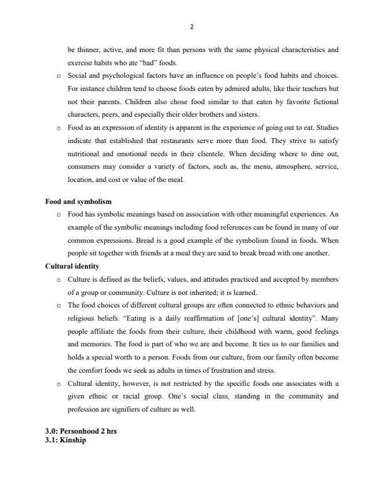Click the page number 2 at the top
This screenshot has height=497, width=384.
(192, 27)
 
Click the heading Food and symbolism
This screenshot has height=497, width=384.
(78, 202)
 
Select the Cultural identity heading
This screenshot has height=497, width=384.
(72, 266)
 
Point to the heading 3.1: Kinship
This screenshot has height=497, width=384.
(65, 440)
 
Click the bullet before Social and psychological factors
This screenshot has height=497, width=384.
(58, 76)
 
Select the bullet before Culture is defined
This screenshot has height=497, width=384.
(58, 279)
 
